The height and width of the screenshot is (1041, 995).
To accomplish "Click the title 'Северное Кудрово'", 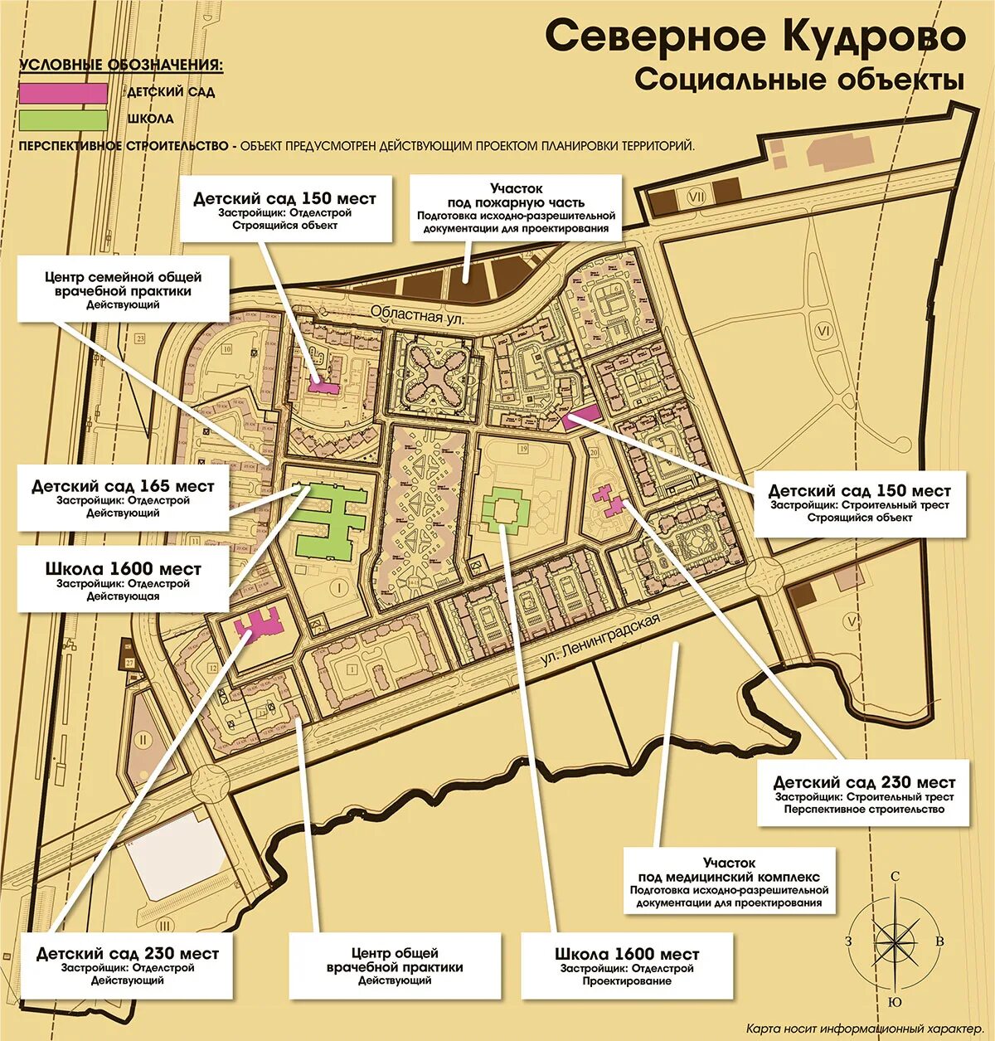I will (755, 36).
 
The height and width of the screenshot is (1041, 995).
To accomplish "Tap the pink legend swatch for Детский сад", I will (64, 92).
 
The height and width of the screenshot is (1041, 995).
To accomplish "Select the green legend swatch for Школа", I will (64, 119).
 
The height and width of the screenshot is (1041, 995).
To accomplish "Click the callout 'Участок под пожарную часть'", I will (515, 207).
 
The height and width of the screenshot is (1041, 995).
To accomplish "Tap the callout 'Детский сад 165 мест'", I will (123, 498).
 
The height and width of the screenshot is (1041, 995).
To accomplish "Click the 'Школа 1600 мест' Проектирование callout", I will (627, 966).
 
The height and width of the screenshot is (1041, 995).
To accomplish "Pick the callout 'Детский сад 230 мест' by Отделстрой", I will (127, 966).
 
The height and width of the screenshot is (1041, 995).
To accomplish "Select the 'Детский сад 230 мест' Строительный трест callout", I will (863, 794).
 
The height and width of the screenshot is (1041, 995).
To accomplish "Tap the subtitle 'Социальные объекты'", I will (799, 80).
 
